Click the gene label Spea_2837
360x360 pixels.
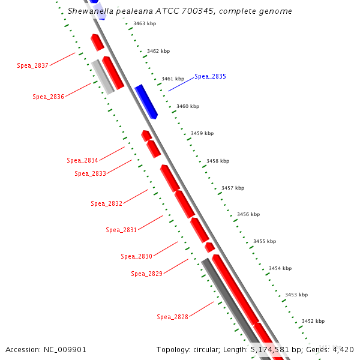(x=32, y=65)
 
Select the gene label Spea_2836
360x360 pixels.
(x=48, y=97)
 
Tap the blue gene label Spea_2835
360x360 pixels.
(x=210, y=77)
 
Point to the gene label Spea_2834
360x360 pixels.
(x=82, y=160)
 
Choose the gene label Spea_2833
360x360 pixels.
(x=90, y=173)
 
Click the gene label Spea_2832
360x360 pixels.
(x=106, y=203)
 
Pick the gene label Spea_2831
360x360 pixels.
(x=121, y=230)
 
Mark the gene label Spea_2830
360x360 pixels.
(x=136, y=256)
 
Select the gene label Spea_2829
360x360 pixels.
(x=146, y=274)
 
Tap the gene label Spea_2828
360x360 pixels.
(x=172, y=317)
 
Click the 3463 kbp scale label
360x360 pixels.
(x=144, y=23)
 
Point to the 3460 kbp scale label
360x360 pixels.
(x=188, y=106)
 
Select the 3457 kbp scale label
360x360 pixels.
(x=233, y=188)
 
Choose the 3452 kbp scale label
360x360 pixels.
(x=313, y=321)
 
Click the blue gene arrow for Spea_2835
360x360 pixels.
(x=146, y=101)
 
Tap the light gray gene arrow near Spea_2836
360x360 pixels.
(x=103, y=77)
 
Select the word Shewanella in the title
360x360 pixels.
(x=88, y=11)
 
